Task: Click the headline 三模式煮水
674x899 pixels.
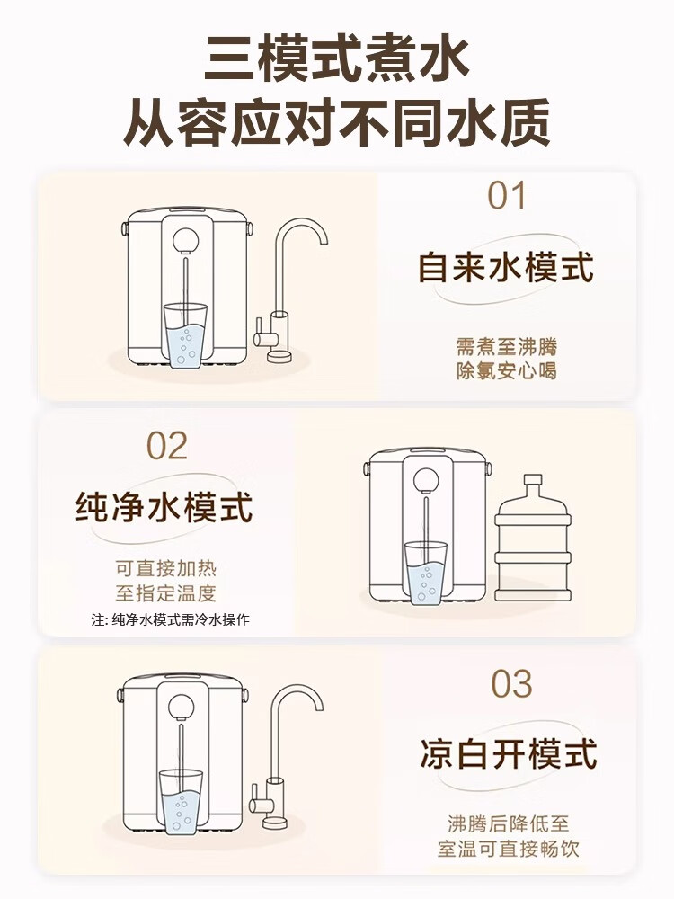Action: click(x=336, y=59)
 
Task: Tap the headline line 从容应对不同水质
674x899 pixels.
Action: click(x=336, y=123)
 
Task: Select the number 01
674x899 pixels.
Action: click(x=506, y=197)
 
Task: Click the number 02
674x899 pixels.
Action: click(x=167, y=446)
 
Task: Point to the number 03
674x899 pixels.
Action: click(x=511, y=685)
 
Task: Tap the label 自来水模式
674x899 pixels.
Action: click(x=506, y=268)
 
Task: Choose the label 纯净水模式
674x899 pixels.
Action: click(x=164, y=507)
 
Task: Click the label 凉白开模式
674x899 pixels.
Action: click(x=509, y=754)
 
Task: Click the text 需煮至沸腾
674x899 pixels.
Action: click(x=506, y=347)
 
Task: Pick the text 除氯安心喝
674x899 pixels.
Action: click(x=506, y=370)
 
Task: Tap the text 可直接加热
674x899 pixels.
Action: click(x=165, y=569)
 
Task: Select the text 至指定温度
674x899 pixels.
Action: click(x=165, y=593)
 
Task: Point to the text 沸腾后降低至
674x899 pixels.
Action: click(x=509, y=823)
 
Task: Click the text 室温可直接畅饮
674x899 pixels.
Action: click(x=509, y=849)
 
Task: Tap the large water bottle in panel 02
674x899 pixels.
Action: click(x=533, y=539)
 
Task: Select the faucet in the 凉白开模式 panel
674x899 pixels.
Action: click(x=284, y=755)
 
